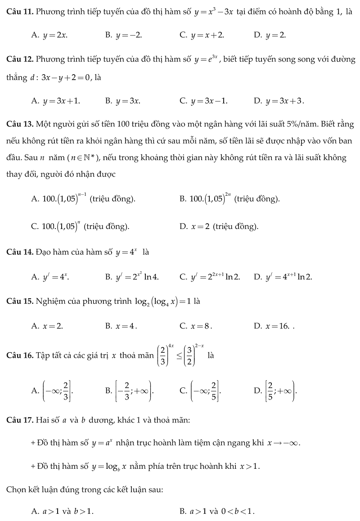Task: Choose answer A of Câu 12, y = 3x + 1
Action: [x=56, y=101]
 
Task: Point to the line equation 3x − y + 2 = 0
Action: [x=65, y=77]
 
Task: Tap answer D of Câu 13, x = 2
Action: [x=219, y=226]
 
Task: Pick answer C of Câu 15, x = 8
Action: [x=196, y=326]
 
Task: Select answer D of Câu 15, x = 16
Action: [x=272, y=326]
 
